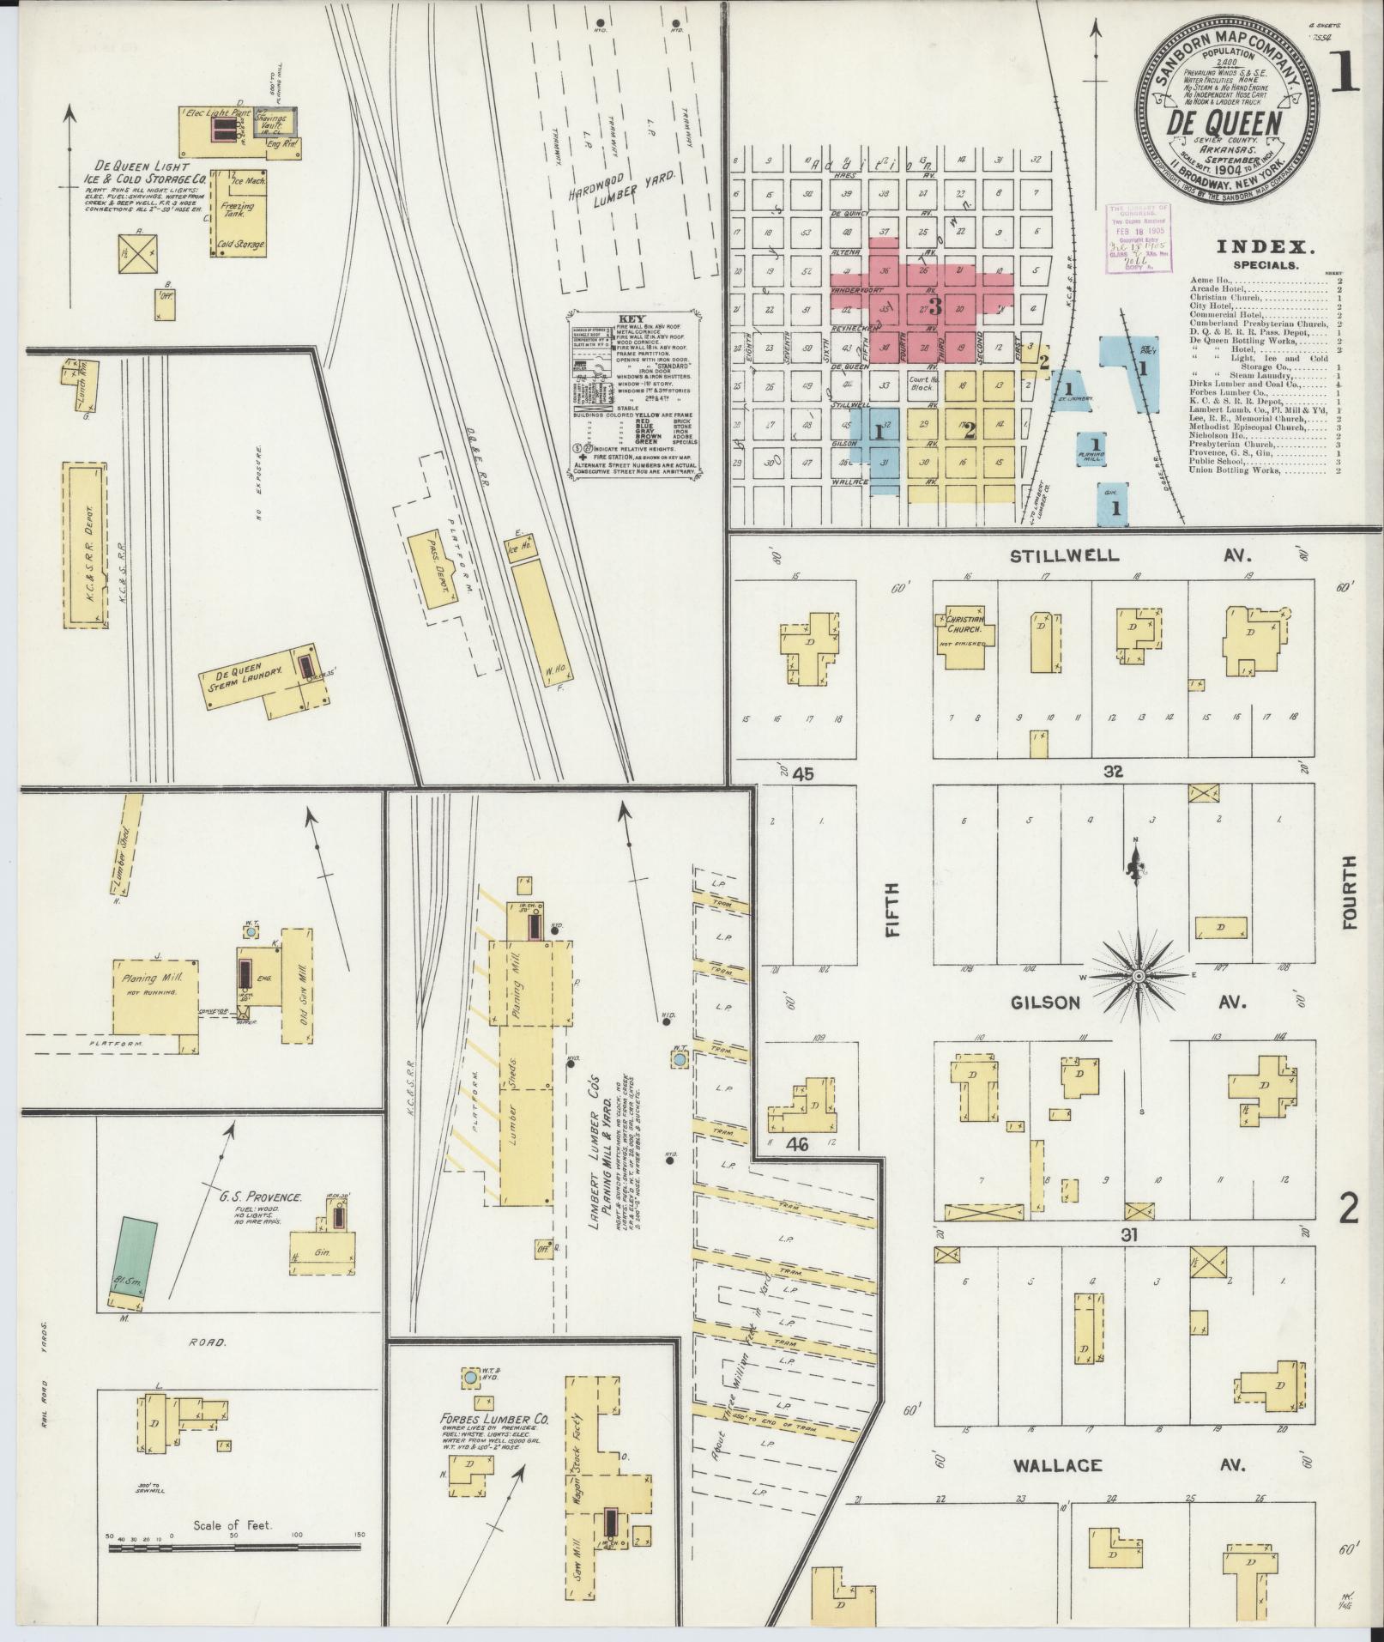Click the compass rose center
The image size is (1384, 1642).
point(1138,977)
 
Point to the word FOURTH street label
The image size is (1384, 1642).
point(1350,893)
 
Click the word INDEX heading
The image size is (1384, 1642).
point(1266,247)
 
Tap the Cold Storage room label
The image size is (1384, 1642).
point(241,245)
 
